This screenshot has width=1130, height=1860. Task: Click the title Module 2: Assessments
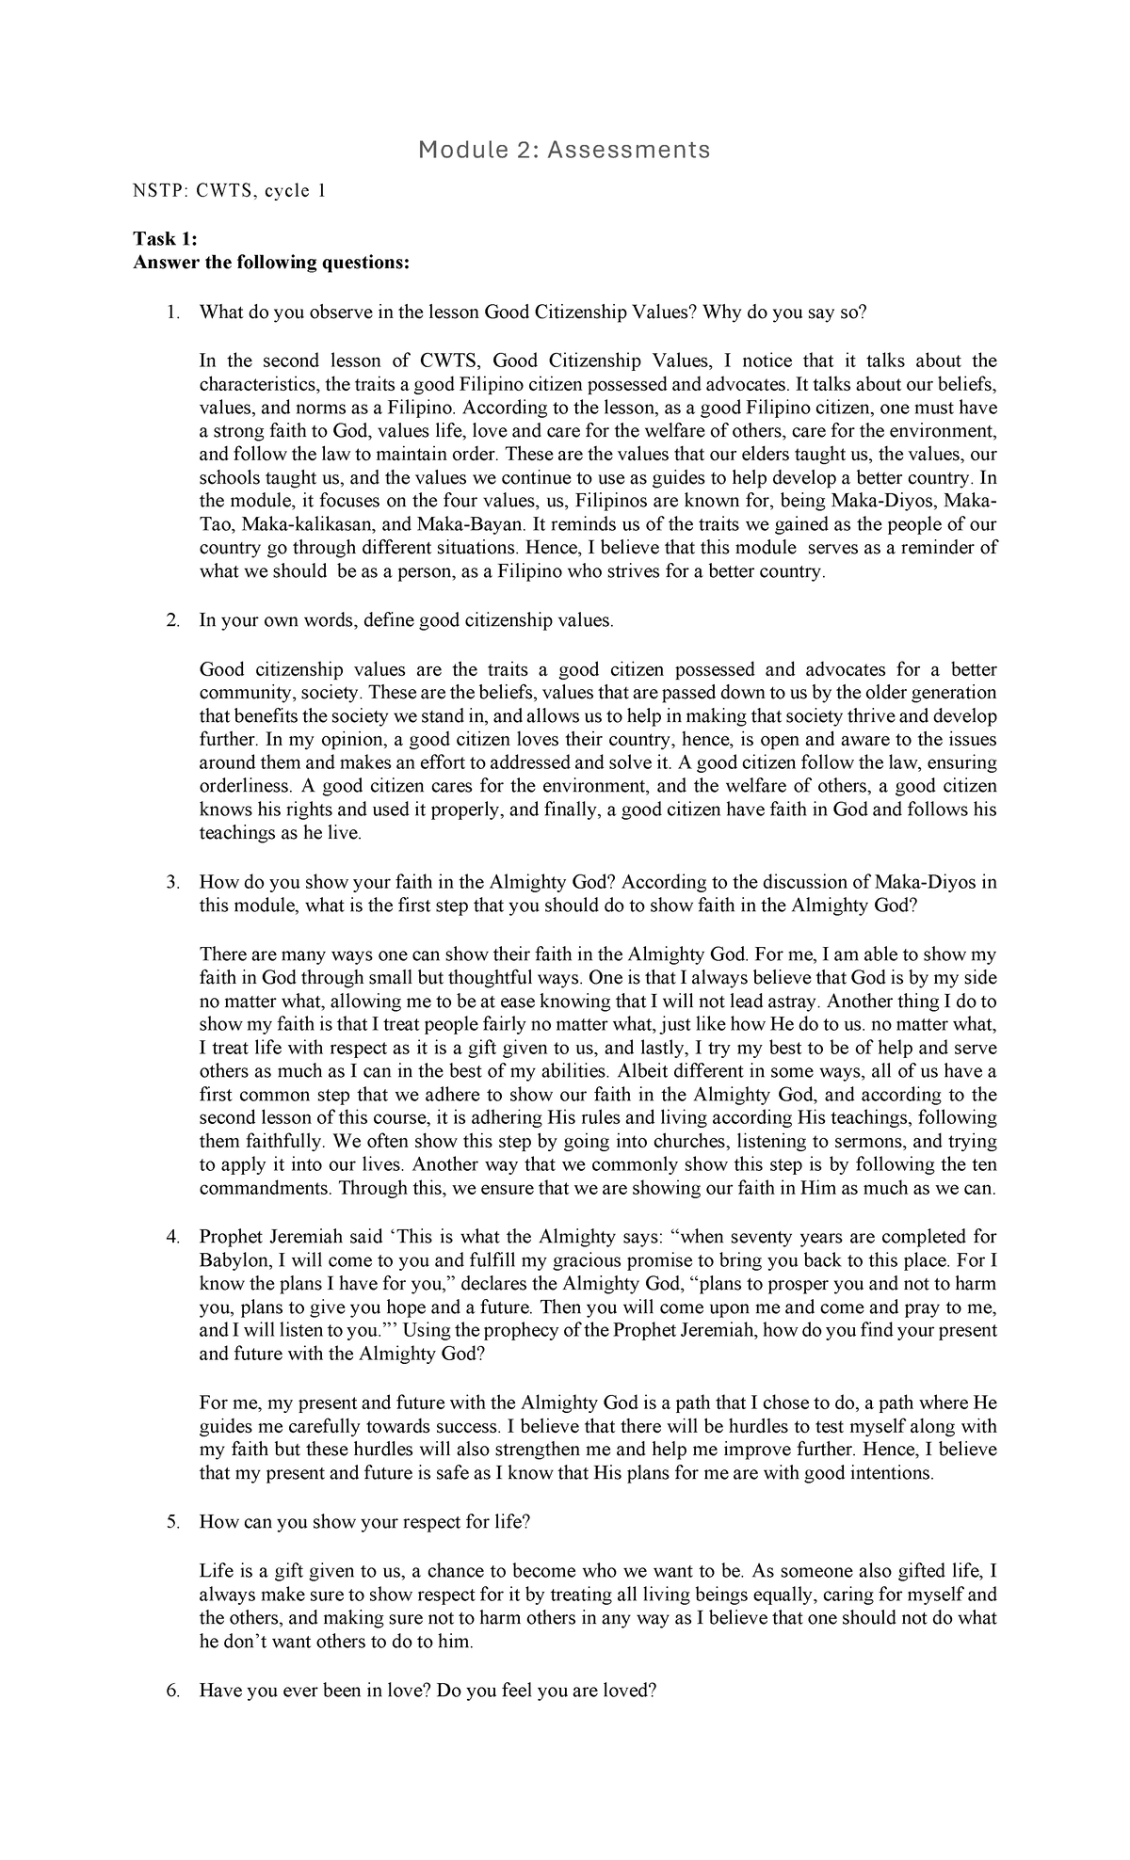564,149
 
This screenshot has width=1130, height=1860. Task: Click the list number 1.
172,313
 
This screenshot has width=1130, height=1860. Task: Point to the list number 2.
172,620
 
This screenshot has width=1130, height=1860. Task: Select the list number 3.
172,882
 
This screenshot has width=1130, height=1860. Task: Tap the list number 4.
172,1237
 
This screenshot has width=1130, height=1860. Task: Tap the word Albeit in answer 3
641,1071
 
